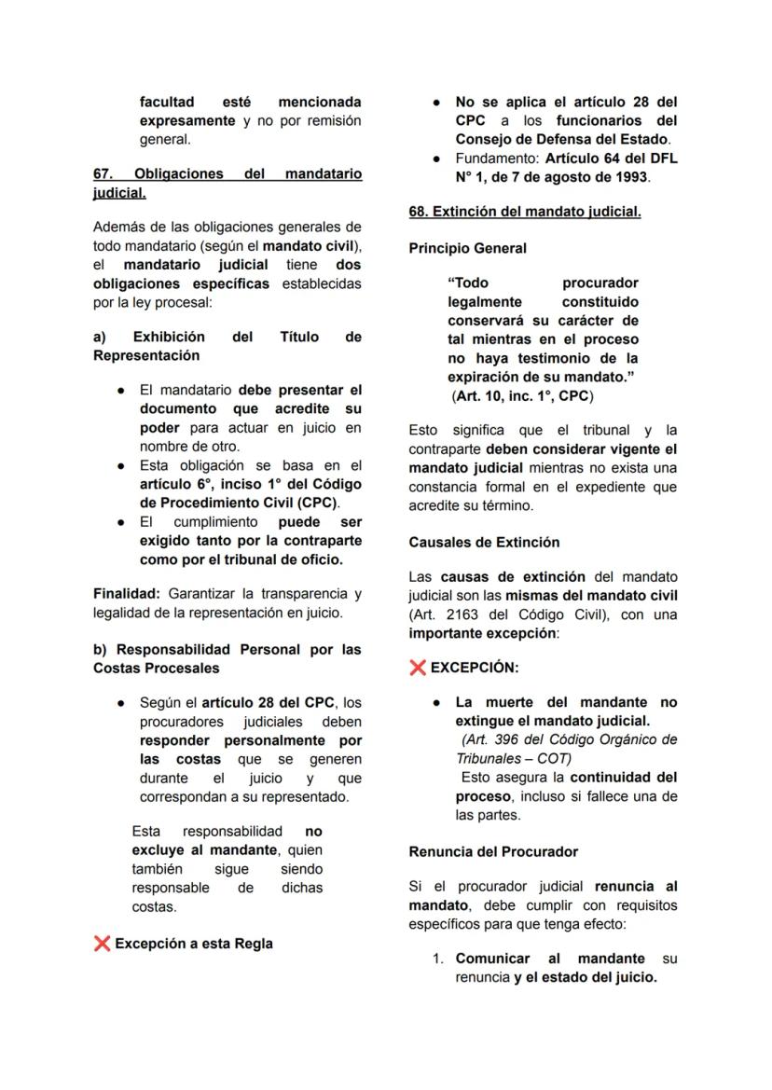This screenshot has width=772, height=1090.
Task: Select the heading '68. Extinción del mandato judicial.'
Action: [524, 212]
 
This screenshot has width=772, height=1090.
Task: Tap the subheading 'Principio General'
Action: [467, 249]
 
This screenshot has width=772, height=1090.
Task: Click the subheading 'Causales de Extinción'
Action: [484, 542]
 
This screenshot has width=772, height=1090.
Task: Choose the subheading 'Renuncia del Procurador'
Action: [493, 851]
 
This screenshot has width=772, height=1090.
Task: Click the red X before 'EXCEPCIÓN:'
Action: [418, 668]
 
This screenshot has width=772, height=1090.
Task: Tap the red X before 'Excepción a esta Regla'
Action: [103, 944]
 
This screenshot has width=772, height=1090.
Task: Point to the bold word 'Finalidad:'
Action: [127, 594]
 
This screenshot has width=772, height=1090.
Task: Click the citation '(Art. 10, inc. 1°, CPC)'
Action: [522, 395]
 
